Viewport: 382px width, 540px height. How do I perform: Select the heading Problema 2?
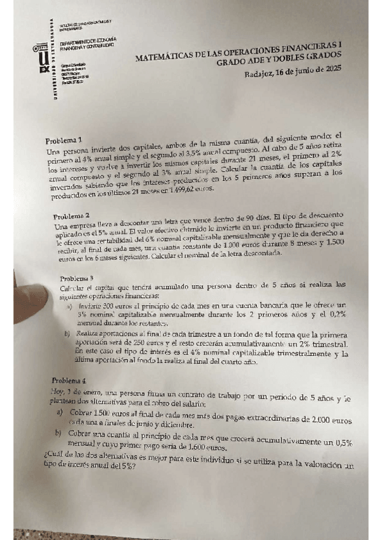[x=75, y=217]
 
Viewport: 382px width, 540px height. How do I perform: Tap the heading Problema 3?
[x=77, y=278]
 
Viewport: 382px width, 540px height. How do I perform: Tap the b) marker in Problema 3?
[x=67, y=333]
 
